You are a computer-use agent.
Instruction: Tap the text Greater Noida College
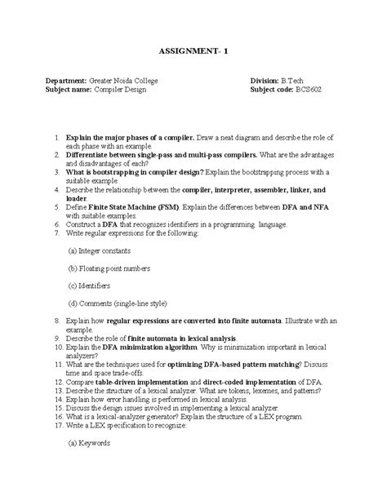pyautogui.click(x=127, y=80)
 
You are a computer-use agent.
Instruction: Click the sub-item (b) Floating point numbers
pyautogui.click(x=109, y=268)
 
